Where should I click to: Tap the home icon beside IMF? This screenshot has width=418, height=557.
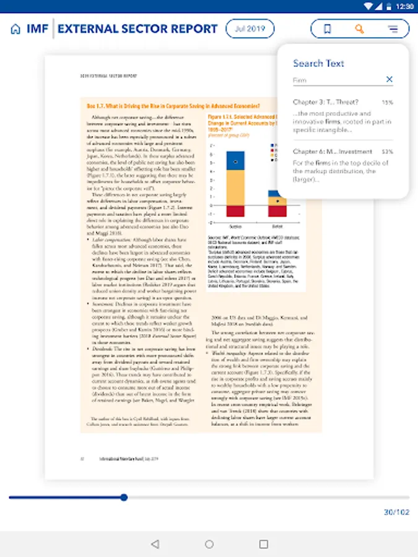click(15, 29)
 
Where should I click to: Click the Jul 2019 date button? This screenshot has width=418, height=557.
click(250, 28)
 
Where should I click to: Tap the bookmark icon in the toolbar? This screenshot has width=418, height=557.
click(328, 28)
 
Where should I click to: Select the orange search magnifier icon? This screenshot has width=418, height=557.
click(360, 28)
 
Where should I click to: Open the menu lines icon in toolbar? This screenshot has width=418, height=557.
click(393, 28)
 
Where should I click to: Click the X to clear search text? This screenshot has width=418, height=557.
click(389, 79)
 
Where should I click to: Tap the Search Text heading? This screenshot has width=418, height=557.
click(318, 63)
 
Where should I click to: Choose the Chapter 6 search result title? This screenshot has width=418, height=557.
click(333, 152)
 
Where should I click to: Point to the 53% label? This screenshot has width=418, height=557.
click(387, 152)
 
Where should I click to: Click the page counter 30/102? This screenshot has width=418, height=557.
click(396, 512)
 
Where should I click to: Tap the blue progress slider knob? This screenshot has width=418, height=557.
click(124, 497)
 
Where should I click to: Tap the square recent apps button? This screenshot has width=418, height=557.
click(264, 544)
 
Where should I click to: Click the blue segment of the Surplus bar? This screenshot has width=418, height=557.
click(235, 161)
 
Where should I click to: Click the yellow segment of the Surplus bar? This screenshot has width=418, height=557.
click(235, 188)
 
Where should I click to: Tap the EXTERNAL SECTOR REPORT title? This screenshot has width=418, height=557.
click(137, 29)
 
